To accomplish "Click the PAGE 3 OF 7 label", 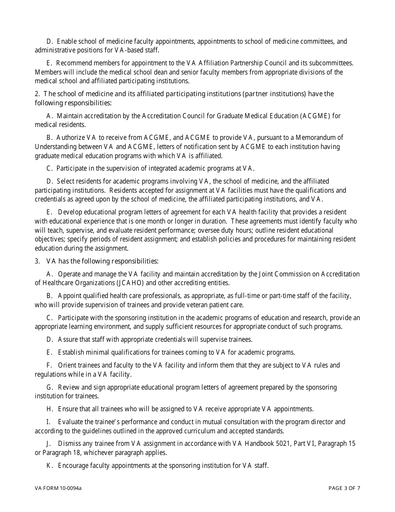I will click(344, 488).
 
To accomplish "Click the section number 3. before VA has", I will click(37, 261).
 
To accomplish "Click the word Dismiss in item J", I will click(70, 444).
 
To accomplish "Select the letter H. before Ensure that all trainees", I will click(50, 409).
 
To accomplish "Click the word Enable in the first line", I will click(67, 42).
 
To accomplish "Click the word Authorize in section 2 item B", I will click(71, 138).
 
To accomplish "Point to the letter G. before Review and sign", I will click(50, 387).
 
